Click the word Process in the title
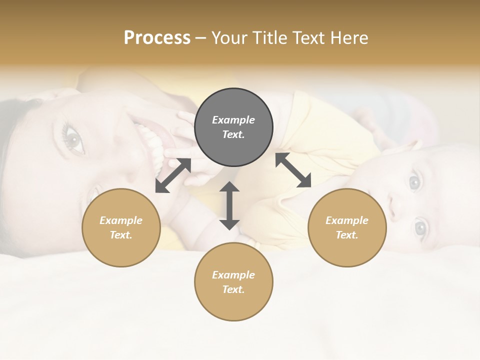[157, 38]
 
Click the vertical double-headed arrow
[229, 205]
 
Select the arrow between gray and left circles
[173, 175]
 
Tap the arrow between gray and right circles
[293, 170]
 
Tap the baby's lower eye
[420, 228]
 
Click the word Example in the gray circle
[233, 120]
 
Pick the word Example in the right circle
[347, 220]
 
